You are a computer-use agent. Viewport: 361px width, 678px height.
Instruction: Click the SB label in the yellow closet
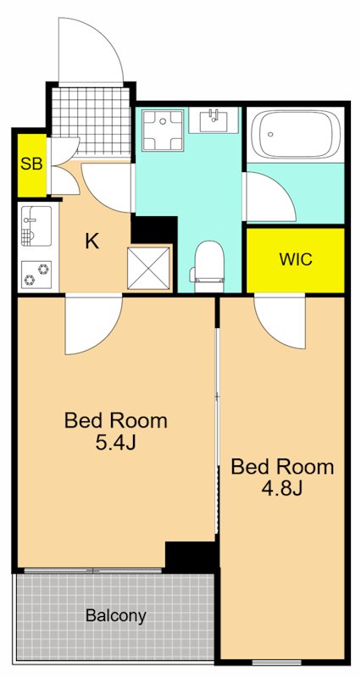coord(31,164)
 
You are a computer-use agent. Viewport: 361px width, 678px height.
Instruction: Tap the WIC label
coord(296,259)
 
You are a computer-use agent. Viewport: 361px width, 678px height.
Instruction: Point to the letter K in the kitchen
coord(92,242)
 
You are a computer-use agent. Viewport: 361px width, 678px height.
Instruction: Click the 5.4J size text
coord(116,443)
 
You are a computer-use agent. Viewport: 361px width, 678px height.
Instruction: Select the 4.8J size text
coord(282,489)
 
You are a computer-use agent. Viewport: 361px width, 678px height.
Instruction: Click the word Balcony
coord(116,616)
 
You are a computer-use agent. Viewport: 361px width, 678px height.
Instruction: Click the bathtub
coord(296,134)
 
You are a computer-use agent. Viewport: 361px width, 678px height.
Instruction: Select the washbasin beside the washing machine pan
coord(214,120)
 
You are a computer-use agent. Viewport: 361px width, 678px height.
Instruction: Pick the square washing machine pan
coord(163,131)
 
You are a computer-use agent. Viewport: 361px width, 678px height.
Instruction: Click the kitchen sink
coord(36,226)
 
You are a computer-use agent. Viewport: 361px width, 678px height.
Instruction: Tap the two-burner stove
coord(36,275)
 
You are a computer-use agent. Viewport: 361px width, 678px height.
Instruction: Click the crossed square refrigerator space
coord(149,269)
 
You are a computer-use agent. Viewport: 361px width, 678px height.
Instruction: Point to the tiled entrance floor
coord(92,120)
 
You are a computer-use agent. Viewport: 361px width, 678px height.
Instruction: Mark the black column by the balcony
coord(191,557)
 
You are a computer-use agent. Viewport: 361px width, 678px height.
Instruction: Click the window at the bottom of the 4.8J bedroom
coord(277,662)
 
